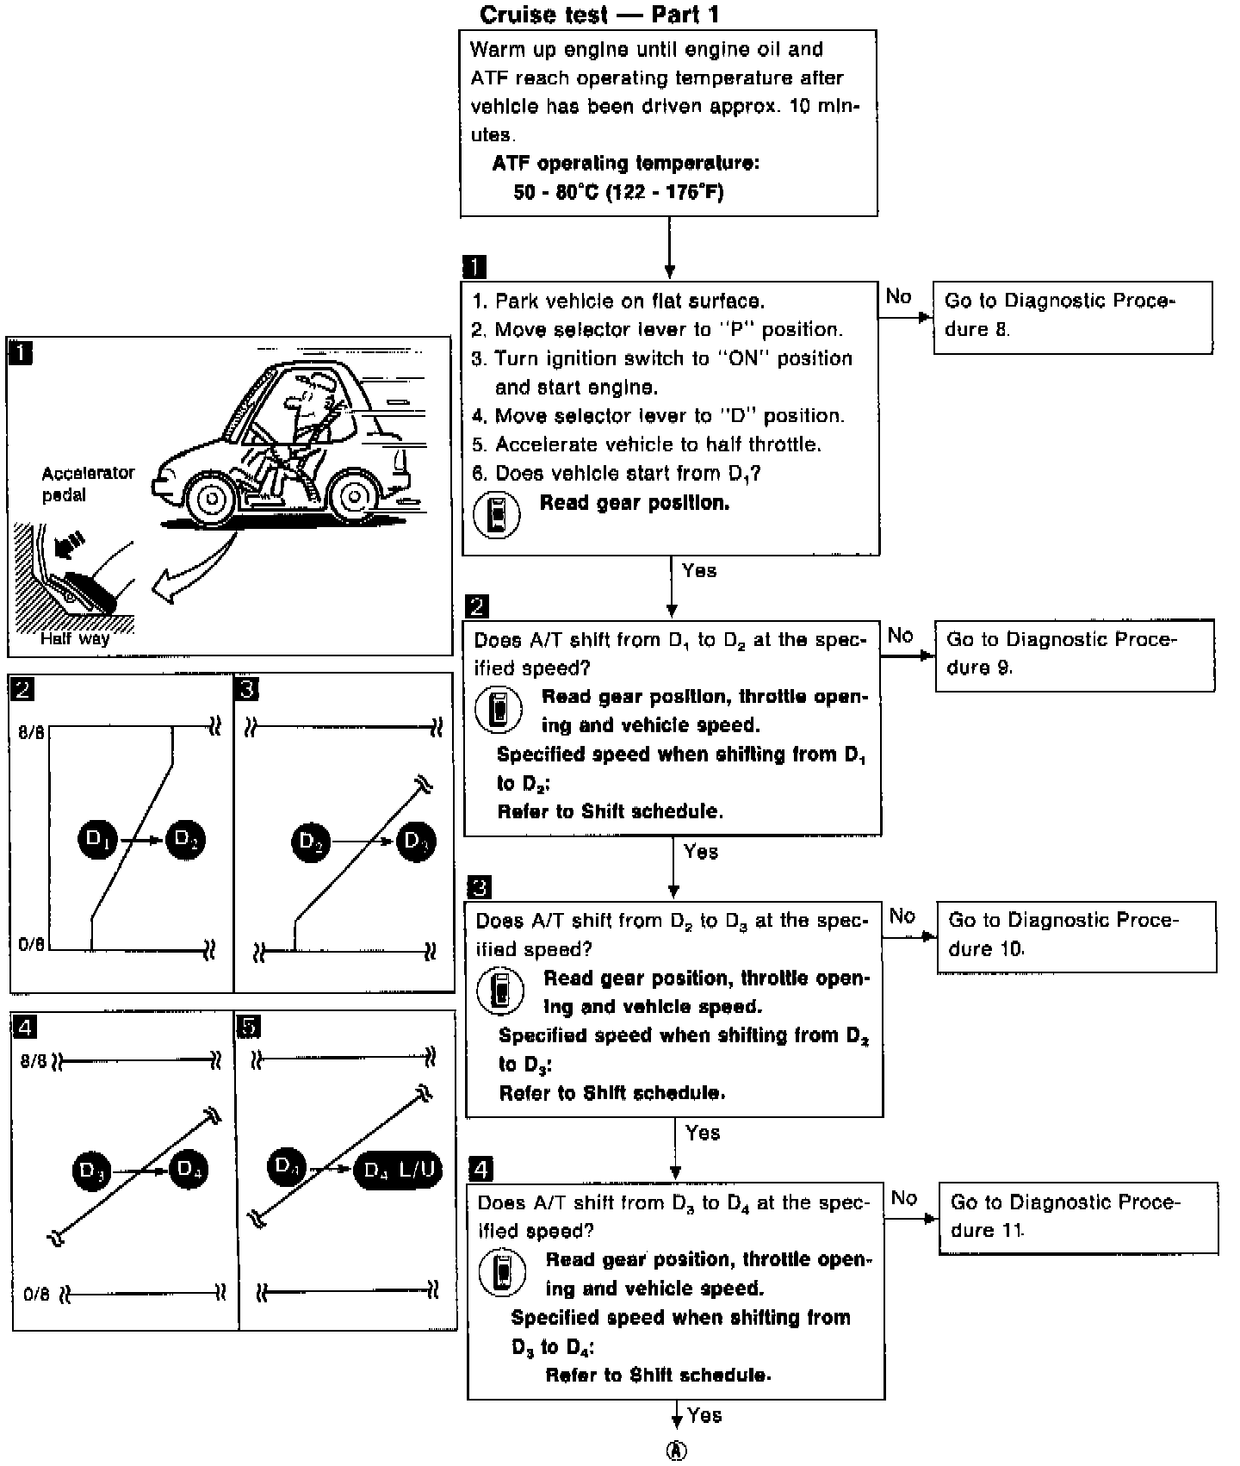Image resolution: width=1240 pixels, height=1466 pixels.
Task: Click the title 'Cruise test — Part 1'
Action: [x=598, y=15]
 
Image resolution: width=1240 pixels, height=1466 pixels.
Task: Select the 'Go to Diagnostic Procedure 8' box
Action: [x=1072, y=316]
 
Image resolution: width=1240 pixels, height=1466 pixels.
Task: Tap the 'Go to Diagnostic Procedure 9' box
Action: [x=1074, y=655]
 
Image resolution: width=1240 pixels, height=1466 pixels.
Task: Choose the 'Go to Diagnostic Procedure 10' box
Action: [x=1076, y=936]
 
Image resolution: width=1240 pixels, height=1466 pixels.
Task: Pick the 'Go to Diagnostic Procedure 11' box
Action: [x=1077, y=1217]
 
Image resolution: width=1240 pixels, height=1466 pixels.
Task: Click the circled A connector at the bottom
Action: [x=678, y=1450]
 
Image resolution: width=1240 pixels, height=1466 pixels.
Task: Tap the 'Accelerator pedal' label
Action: [x=88, y=484]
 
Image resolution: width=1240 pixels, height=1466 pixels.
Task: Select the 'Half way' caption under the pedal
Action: [x=75, y=639]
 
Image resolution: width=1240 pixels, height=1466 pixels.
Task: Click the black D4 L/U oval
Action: [x=398, y=1170]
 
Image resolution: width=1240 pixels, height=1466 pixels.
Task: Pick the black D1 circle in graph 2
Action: [x=99, y=839]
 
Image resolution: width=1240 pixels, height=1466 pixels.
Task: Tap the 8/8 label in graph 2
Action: [x=32, y=733]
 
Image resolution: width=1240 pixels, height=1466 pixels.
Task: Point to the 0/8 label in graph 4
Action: [x=36, y=1293]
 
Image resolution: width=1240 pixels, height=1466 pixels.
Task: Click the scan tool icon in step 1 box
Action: [x=498, y=515]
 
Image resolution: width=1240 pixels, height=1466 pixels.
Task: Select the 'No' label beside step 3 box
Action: [x=902, y=916]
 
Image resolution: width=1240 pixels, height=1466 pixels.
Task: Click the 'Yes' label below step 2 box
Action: [x=701, y=852]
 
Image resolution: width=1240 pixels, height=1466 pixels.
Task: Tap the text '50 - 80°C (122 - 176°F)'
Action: [x=617, y=191]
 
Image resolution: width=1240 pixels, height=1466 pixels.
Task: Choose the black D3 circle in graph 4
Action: [x=92, y=1171]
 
